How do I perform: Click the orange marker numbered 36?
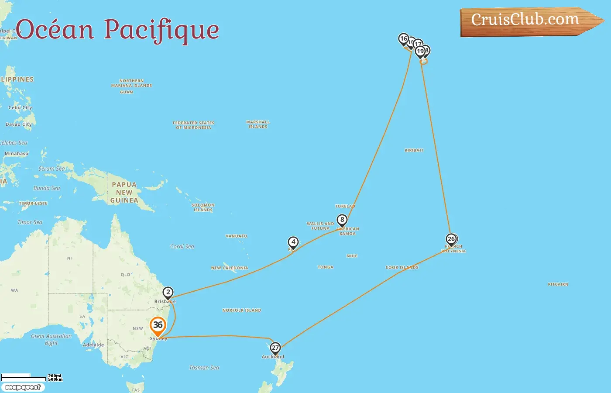(x=158, y=325)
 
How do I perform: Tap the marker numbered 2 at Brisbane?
(x=168, y=292)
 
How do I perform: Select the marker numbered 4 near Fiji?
(x=293, y=242)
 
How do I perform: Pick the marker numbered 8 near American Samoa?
(x=342, y=220)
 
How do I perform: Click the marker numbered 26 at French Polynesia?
(x=451, y=239)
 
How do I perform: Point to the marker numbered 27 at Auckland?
(x=275, y=348)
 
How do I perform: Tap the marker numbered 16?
(x=403, y=39)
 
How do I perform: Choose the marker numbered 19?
(x=420, y=52)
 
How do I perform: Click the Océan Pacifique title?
(x=117, y=30)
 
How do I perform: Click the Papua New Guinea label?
(x=124, y=193)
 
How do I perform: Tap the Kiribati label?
(x=414, y=150)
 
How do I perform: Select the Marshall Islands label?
(x=258, y=124)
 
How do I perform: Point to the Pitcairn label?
(x=558, y=284)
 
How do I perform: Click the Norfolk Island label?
(x=242, y=310)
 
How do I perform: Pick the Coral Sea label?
(x=182, y=247)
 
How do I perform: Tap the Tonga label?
(x=326, y=267)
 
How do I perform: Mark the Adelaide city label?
(x=93, y=345)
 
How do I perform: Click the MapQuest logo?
(x=23, y=387)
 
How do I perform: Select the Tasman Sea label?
(x=204, y=368)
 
